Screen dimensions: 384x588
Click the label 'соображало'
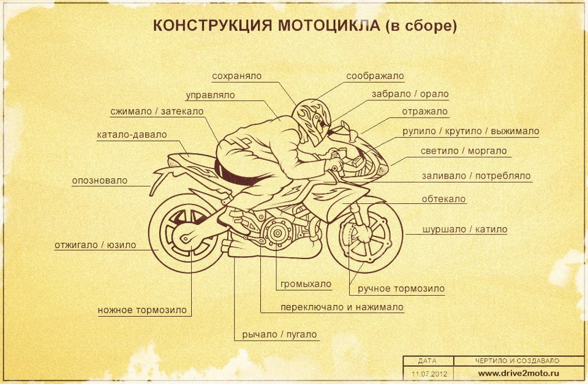[375, 77]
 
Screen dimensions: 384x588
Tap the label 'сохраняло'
[236, 77]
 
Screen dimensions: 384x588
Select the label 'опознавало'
[100, 181]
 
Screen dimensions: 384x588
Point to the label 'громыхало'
[306, 284]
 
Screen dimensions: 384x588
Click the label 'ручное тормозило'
[401, 288]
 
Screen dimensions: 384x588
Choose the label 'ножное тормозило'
[142, 310]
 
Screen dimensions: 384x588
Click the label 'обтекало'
[443, 199]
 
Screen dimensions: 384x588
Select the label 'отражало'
[424, 111]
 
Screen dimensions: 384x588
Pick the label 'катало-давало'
[132, 135]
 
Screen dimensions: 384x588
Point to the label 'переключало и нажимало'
[342, 307]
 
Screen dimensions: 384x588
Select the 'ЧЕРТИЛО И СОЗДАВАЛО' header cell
[518, 361]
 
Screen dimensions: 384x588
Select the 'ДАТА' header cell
[428, 361]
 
